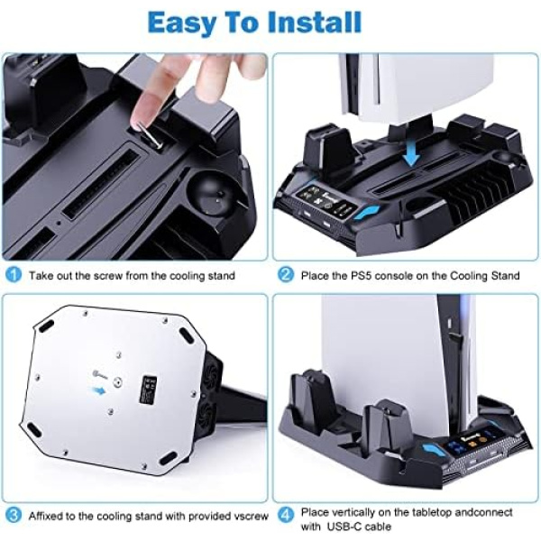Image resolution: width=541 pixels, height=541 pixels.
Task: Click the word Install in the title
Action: tap(314, 23)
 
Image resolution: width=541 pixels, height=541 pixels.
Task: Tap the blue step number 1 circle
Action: tap(14, 275)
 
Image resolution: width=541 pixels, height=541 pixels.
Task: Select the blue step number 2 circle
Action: tap(286, 275)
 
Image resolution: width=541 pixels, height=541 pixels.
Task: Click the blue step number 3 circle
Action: tap(14, 516)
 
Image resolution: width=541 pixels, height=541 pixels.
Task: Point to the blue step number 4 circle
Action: tap(286, 516)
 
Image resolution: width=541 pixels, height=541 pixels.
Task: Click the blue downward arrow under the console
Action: tap(412, 154)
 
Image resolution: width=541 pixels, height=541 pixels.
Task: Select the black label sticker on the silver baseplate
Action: tap(148, 390)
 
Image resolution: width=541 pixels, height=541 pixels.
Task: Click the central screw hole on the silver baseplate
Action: tap(119, 382)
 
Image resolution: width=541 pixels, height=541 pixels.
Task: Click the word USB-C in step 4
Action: tap(341, 527)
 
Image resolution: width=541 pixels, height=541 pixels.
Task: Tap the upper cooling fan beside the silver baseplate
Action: tap(209, 374)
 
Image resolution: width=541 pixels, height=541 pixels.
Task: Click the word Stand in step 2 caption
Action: tap(506, 276)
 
